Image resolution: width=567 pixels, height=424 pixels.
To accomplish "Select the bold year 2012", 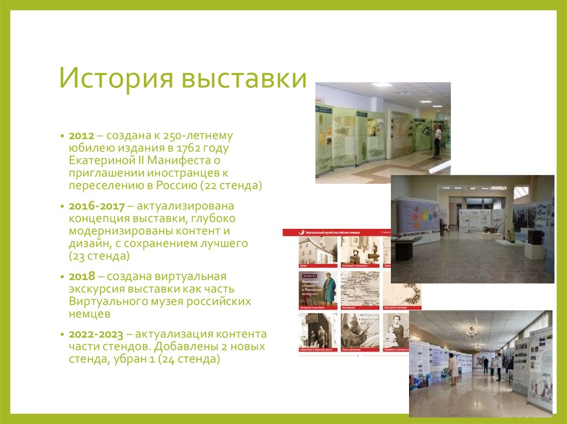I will (81, 136).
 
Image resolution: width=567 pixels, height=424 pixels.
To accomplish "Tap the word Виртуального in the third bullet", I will (108, 302).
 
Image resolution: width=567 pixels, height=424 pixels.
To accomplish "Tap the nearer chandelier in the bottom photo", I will (471, 332).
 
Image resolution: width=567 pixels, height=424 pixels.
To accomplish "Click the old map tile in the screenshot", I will (359, 288).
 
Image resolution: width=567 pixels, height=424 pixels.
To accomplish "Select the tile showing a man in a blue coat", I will (318, 289).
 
